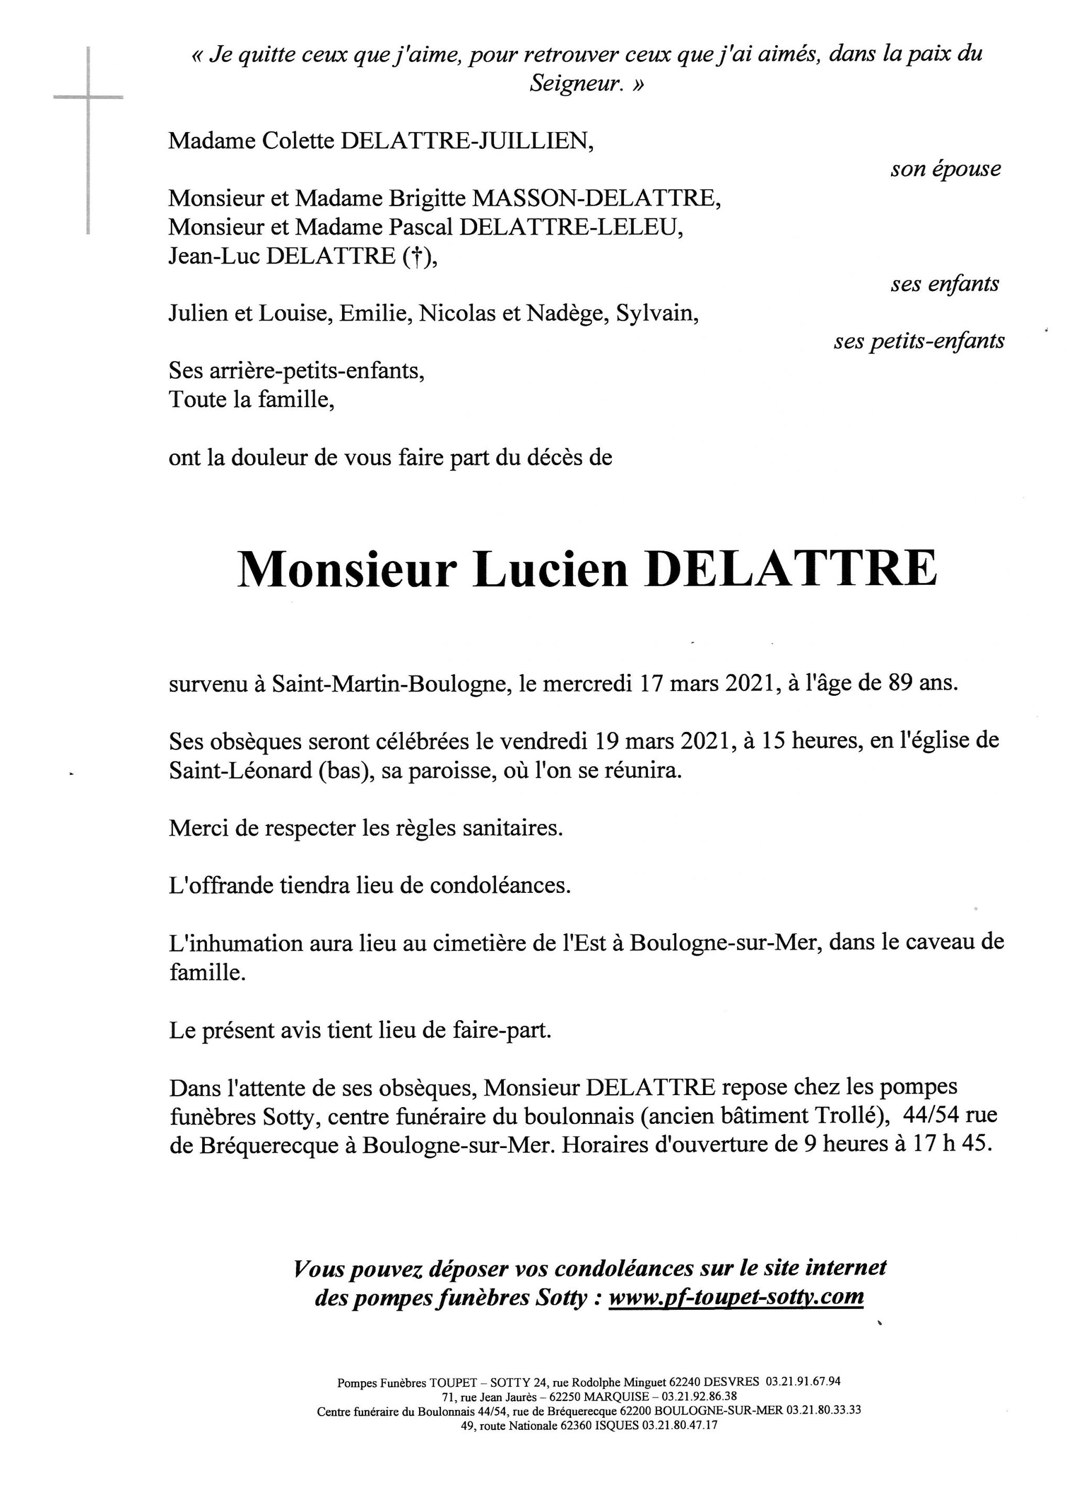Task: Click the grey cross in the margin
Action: click(x=88, y=99)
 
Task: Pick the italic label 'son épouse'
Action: click(x=945, y=170)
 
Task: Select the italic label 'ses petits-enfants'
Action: click(x=919, y=342)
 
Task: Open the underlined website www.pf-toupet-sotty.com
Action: click(x=736, y=1297)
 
